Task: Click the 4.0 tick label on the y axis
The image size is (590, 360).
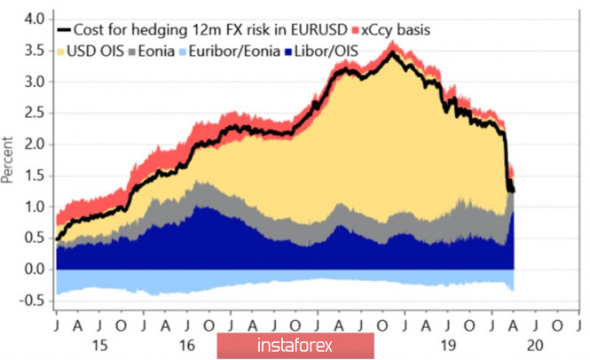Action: (33, 19)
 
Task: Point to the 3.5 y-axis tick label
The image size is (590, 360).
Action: (33, 50)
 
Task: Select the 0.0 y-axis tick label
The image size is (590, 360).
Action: (33, 269)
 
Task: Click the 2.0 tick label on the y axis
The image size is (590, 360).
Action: (33, 144)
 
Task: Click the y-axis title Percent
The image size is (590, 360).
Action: (9, 160)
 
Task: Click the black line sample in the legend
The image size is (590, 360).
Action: (65, 30)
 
